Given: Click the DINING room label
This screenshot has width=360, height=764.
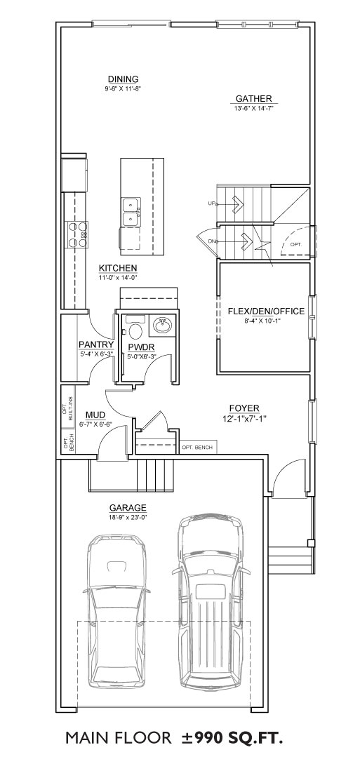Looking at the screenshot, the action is point(124,79).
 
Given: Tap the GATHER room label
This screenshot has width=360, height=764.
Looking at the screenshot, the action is point(254,99).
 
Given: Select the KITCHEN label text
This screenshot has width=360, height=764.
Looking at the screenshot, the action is point(118,269).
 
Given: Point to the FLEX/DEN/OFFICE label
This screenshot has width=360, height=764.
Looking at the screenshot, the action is point(266,311).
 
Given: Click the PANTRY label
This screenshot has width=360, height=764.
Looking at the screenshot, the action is point(96,345).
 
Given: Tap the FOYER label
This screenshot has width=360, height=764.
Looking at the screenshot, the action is point(244,408).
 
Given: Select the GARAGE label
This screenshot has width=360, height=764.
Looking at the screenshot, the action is point(128,508).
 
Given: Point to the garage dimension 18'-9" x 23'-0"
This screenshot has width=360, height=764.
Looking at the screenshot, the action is point(128,516).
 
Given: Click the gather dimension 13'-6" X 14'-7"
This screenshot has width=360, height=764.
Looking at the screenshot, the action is point(254,108).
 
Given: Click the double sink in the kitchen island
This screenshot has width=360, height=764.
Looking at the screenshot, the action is point(131,212).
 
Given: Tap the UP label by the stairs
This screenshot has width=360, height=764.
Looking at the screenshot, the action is point(211,203).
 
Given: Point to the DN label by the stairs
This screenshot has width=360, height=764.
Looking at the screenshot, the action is point(211,241).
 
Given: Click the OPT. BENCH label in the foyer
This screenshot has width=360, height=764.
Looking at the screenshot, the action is point(196,448).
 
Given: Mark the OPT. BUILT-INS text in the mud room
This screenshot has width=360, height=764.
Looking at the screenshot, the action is point(67,406).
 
